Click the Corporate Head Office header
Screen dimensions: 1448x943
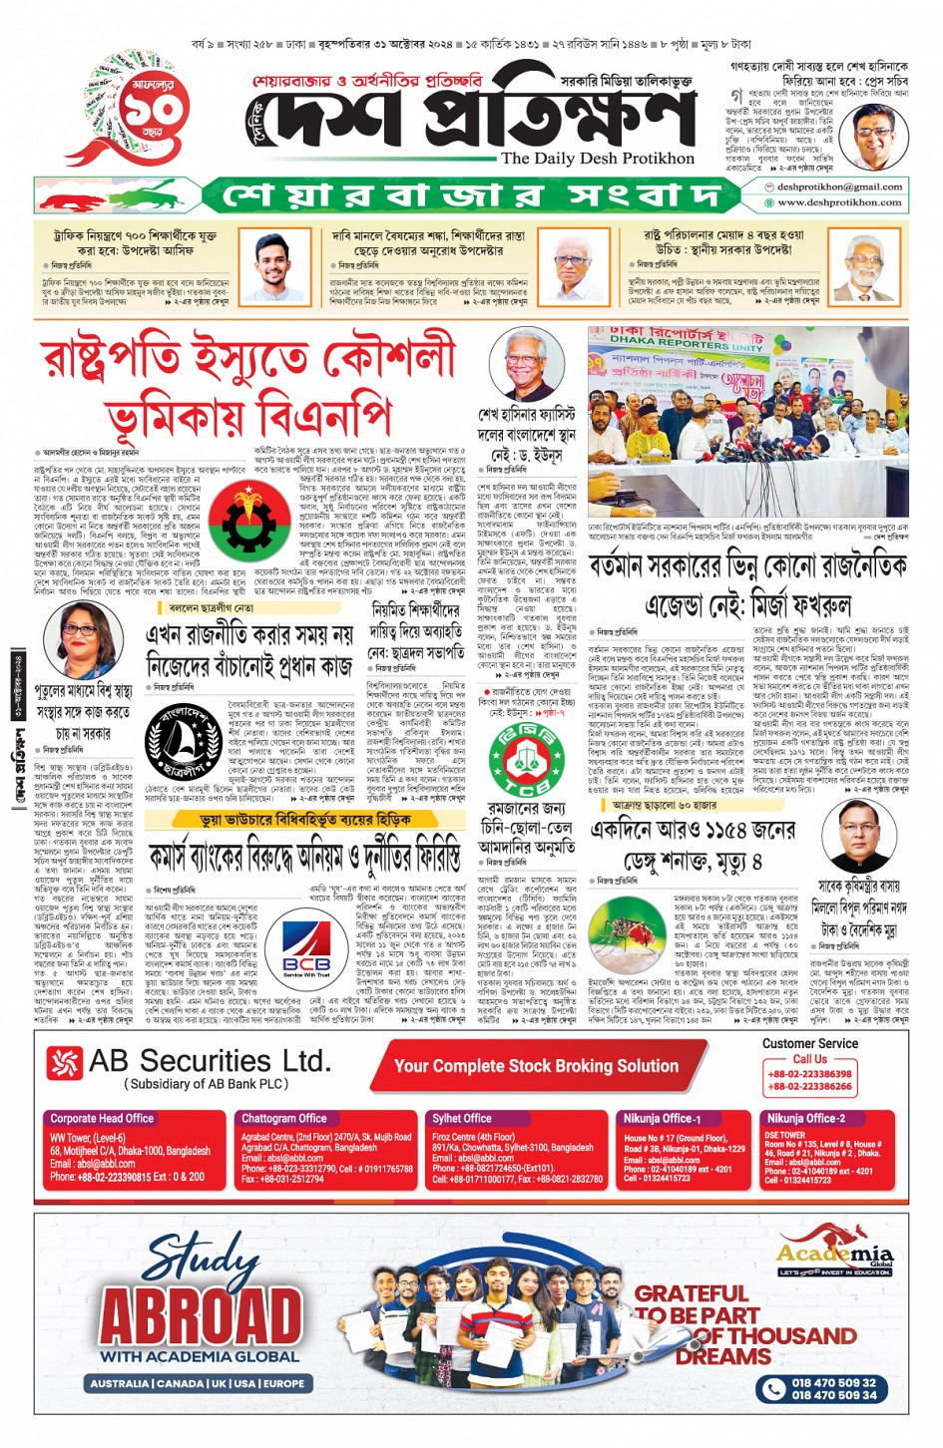point(102,1118)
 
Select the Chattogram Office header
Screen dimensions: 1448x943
point(283,1118)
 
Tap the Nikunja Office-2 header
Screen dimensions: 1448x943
point(805,1118)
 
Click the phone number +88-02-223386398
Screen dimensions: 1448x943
point(809,1074)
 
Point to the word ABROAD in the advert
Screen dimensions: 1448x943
point(200,1316)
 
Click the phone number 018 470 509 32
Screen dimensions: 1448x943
point(833,1382)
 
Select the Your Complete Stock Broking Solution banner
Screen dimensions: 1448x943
point(536,1065)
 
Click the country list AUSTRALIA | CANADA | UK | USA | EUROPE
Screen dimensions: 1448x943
point(198,1383)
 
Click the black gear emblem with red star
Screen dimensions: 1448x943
point(243,520)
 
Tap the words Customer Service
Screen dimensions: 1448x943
point(809,1043)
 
